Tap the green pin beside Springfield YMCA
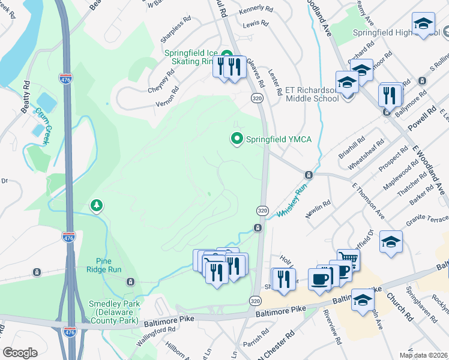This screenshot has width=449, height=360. (237, 139)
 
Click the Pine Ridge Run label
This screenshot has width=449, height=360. (109, 265)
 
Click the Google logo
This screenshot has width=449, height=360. (20, 352)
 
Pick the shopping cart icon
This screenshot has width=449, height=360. (348, 259)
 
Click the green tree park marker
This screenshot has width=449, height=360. (96, 206)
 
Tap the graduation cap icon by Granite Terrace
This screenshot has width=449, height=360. (391, 242)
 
